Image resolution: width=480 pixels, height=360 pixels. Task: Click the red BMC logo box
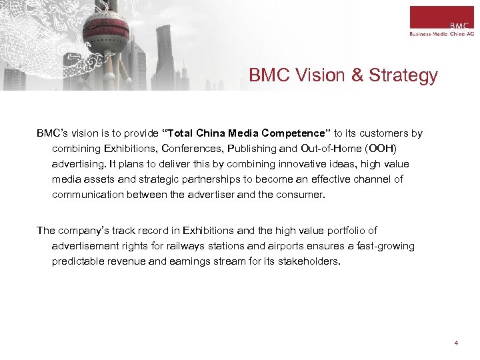(x=441, y=17)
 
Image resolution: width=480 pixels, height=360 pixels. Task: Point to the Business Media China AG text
(x=441, y=32)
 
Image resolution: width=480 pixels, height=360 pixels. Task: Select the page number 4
(x=456, y=343)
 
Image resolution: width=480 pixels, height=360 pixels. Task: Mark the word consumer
(x=299, y=195)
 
